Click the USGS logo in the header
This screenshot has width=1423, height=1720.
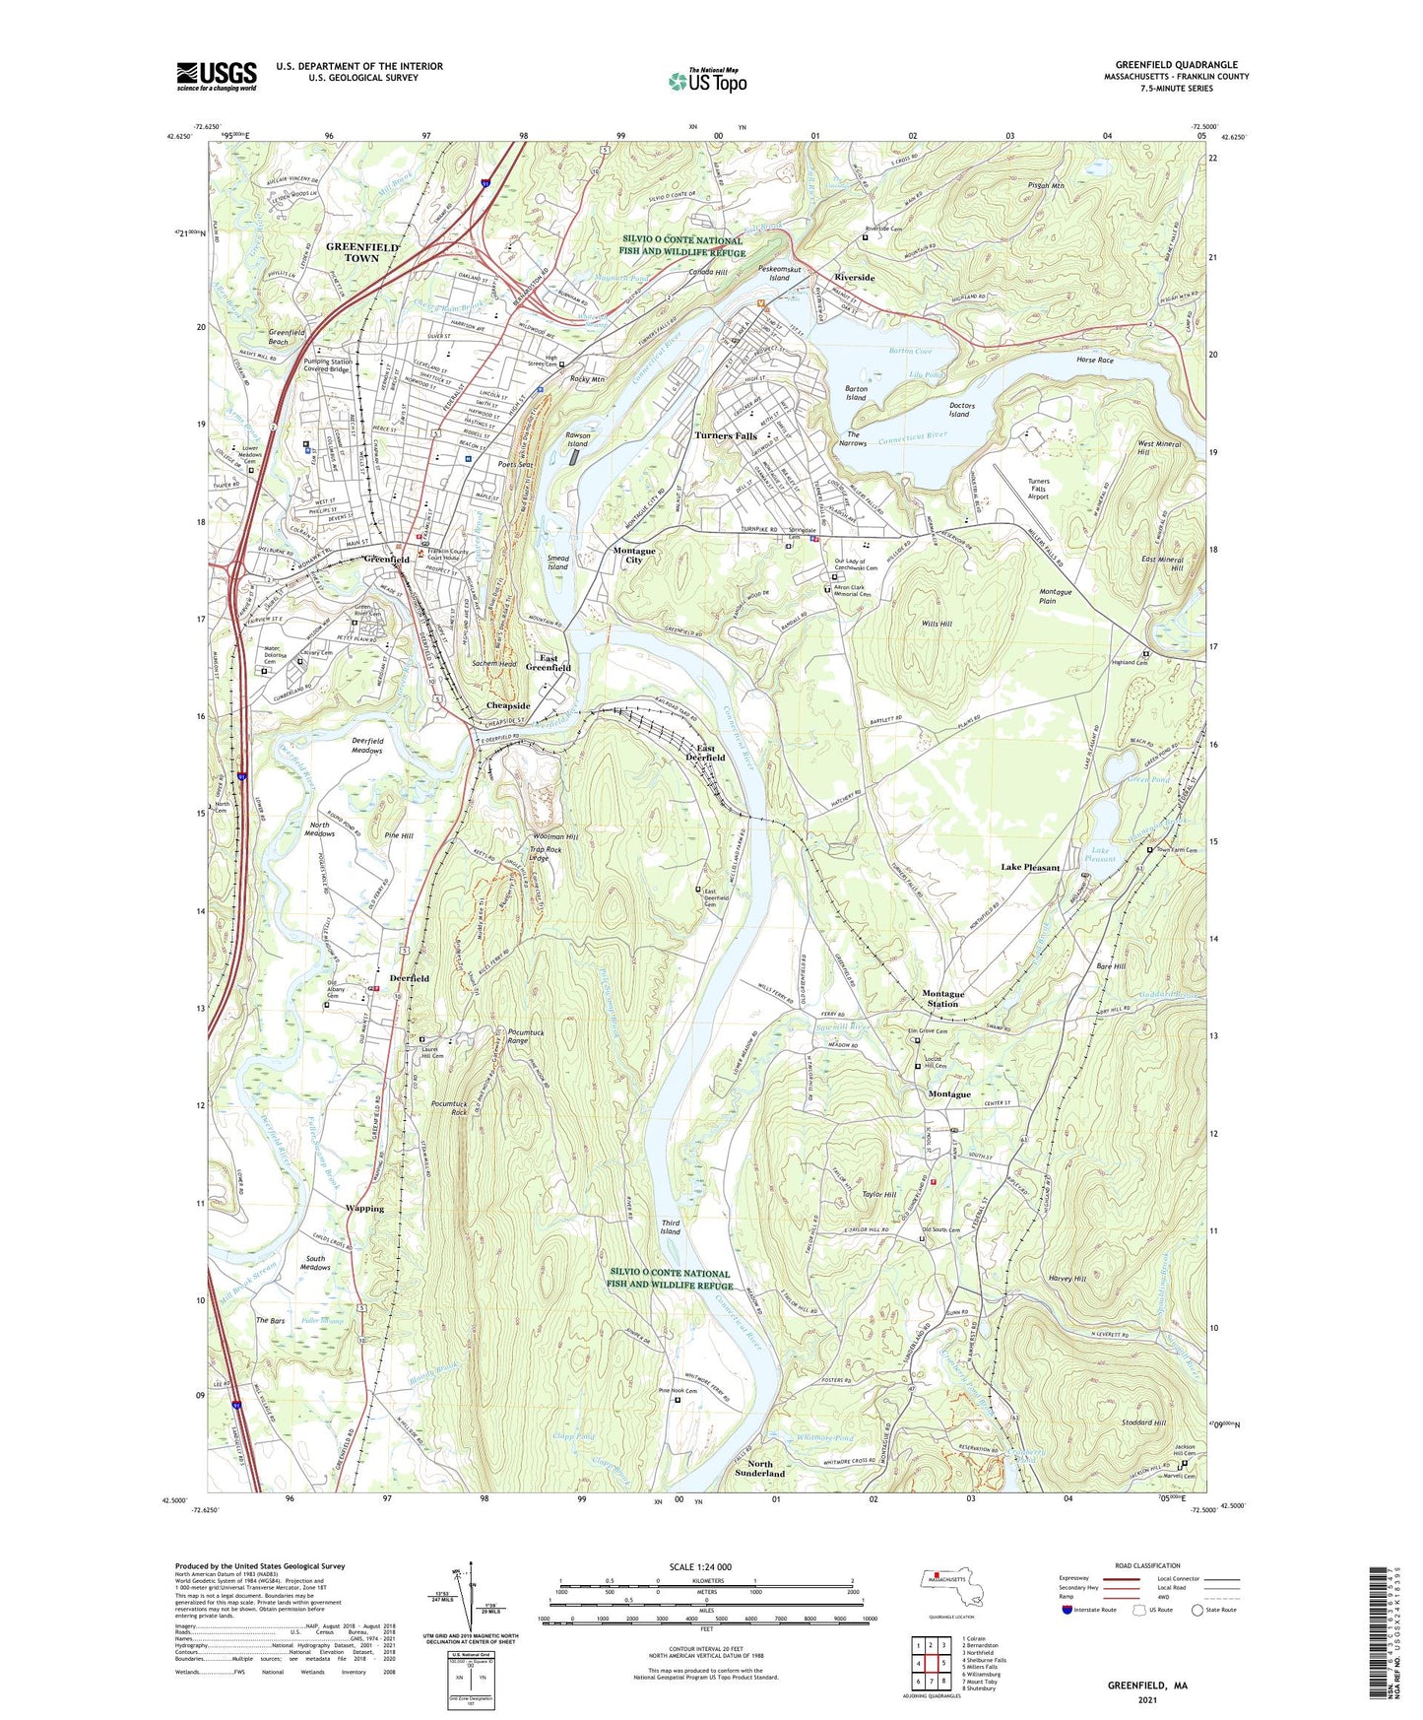click(x=217, y=76)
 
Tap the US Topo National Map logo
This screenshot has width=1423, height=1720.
click(x=707, y=81)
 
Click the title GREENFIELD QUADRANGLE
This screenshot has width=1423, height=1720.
click(x=1176, y=65)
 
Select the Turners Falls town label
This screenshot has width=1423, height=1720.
click(x=725, y=435)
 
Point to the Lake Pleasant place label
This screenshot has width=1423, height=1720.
click(x=1030, y=867)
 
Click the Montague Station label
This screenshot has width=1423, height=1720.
click(x=942, y=998)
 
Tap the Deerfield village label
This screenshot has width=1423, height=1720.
click(x=409, y=978)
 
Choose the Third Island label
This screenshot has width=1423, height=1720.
click(x=670, y=1227)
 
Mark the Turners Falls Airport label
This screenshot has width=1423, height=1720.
click(x=1038, y=489)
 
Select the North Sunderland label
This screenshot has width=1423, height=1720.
click(x=759, y=1468)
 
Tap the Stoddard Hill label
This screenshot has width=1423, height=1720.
click(x=1143, y=1422)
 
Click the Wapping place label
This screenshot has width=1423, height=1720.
click(x=364, y=1208)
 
